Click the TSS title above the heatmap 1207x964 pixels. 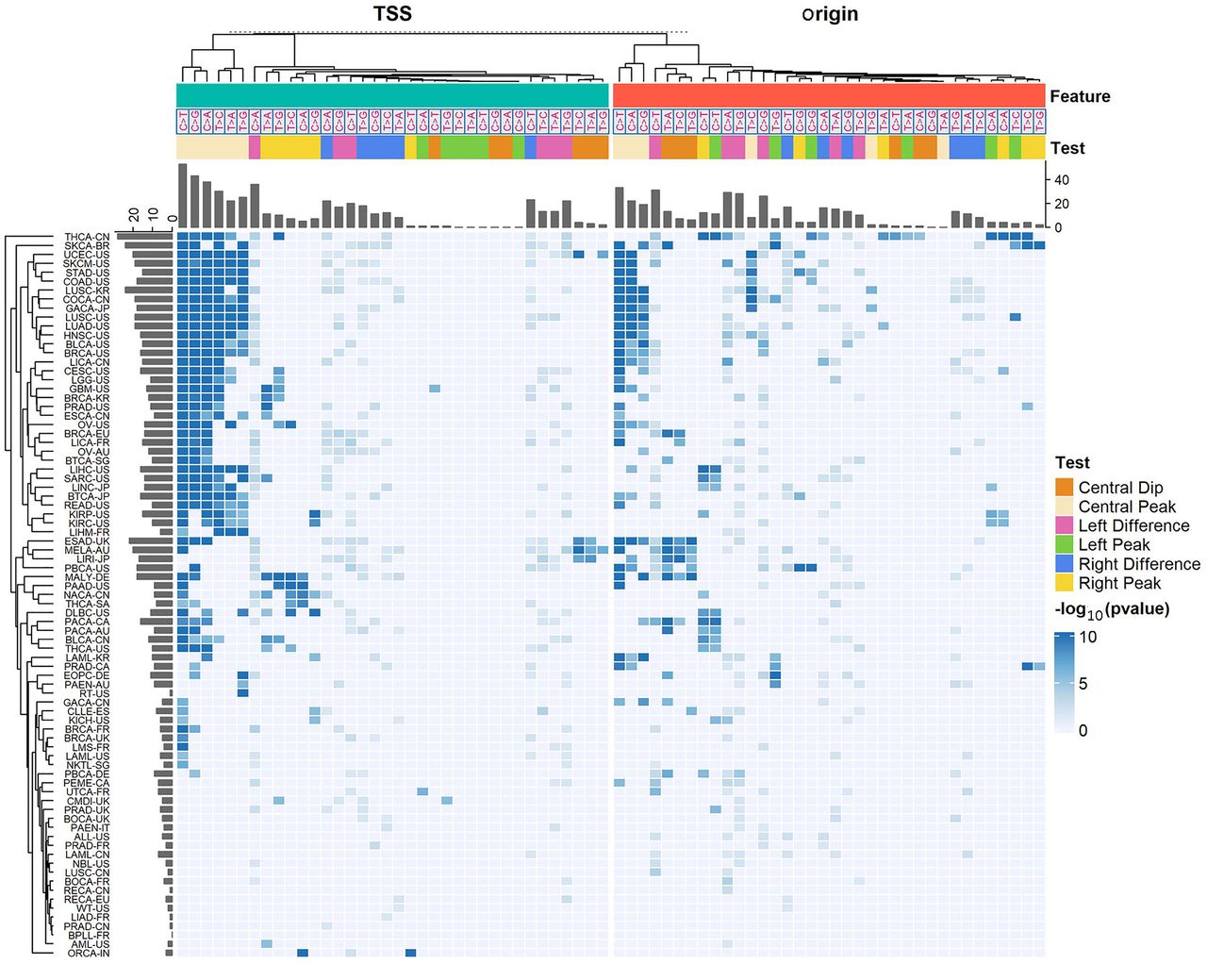(x=392, y=13)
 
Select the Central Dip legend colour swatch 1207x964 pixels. (x=1065, y=488)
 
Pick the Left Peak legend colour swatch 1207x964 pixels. (x=1065, y=544)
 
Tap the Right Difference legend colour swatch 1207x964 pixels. (x=1065, y=564)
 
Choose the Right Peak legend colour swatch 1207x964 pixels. (x=1065, y=583)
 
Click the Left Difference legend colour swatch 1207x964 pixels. (x=1065, y=525)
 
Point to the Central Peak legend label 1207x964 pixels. (x=1127, y=507)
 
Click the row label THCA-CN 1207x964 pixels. (x=87, y=237)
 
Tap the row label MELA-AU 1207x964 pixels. (x=87, y=550)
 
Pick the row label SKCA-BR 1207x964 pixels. (x=87, y=246)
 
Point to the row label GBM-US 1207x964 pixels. (x=89, y=389)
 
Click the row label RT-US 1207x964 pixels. (x=94, y=693)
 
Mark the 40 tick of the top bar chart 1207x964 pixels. (x=1061, y=180)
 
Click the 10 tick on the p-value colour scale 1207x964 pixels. (x=1087, y=637)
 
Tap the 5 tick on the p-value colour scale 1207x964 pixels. (x=1083, y=683)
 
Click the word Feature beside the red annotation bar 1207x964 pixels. (x=1080, y=96)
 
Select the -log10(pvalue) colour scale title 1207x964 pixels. (x=1112, y=609)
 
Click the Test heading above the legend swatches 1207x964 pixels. (x=1072, y=462)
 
